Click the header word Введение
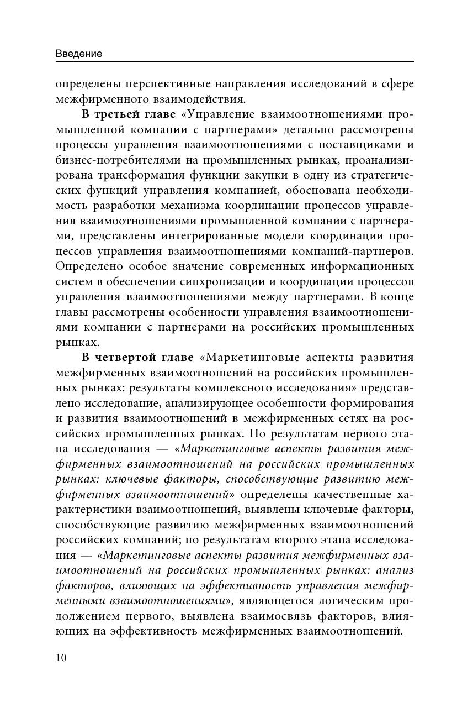79,54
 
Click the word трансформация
147,175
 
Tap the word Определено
88,265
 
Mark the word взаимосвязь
277,615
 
